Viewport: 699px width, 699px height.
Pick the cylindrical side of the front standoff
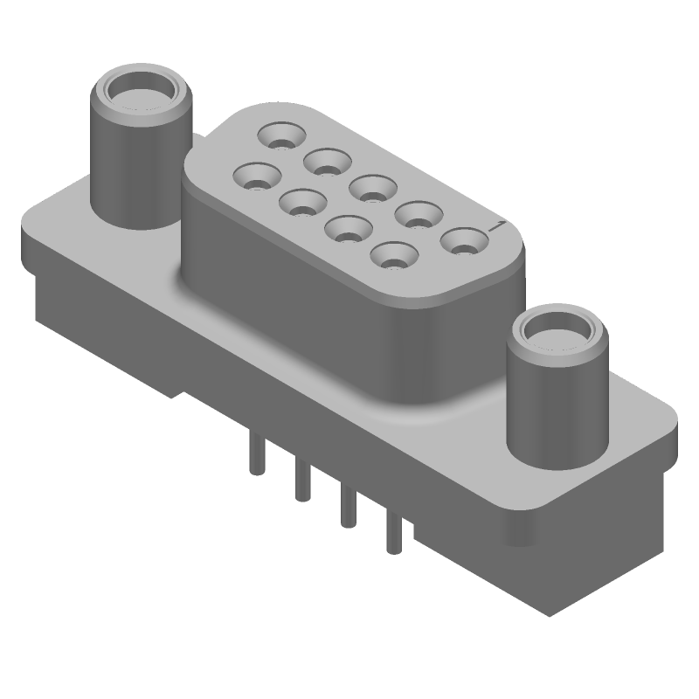(550, 411)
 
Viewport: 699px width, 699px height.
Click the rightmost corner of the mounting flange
(677, 428)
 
